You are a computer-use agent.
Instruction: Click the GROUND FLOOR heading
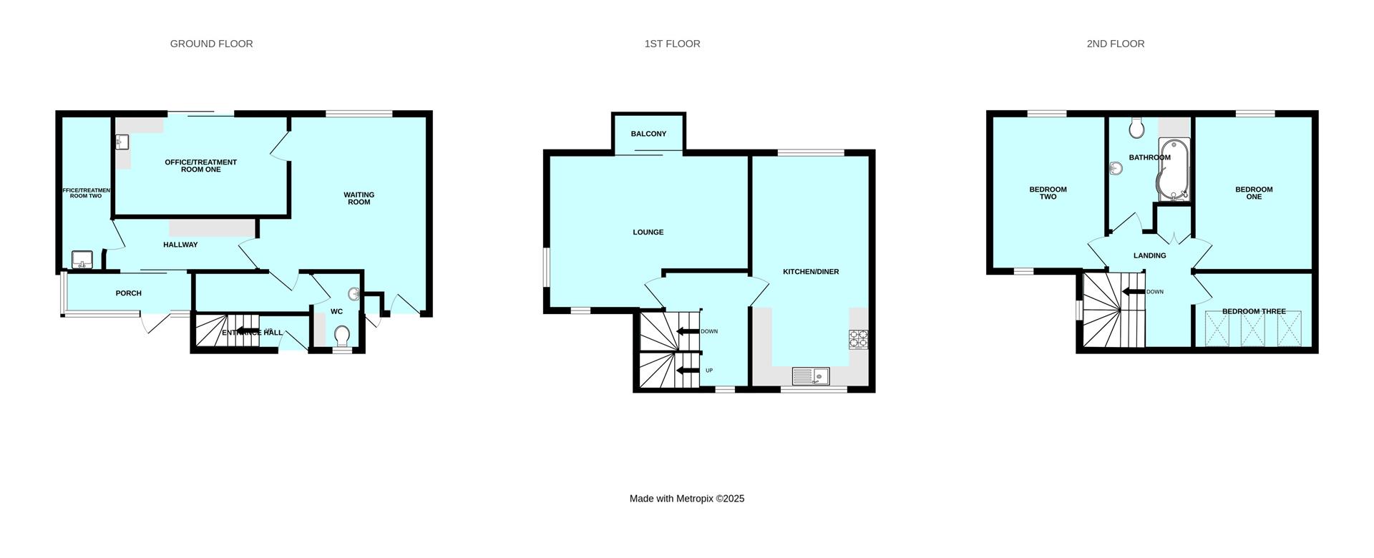[211, 44]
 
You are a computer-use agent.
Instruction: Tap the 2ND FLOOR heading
[1115, 44]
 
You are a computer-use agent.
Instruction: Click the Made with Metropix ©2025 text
[686, 499]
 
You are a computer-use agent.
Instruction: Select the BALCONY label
[648, 134]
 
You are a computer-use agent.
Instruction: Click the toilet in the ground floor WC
[342, 335]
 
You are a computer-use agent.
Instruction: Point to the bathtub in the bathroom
[1174, 170]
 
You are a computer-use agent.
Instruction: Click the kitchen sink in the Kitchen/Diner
[810, 376]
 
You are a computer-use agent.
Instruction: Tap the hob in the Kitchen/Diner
[858, 339]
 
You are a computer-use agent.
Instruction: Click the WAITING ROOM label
[359, 198]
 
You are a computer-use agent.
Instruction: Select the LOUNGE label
[648, 232]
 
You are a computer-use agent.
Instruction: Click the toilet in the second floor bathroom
[1136, 128]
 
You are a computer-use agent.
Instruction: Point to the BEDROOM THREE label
[1253, 311]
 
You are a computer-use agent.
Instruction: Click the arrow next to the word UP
[688, 370]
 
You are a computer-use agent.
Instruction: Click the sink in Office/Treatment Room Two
[82, 259]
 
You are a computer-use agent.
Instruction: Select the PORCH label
[129, 293]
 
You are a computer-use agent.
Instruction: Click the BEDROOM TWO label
[1048, 193]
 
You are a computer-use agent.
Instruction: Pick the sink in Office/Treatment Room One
[121, 143]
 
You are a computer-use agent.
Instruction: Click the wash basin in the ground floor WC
[354, 294]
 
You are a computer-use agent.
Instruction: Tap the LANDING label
[1149, 255]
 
